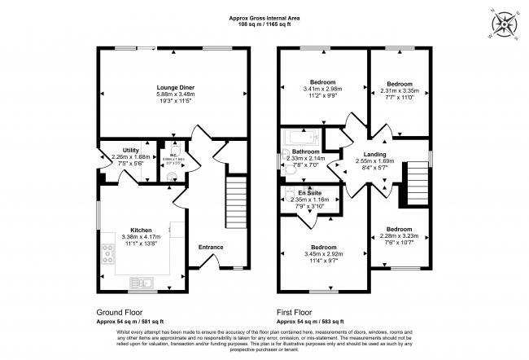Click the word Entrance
212,247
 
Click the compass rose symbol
504,21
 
